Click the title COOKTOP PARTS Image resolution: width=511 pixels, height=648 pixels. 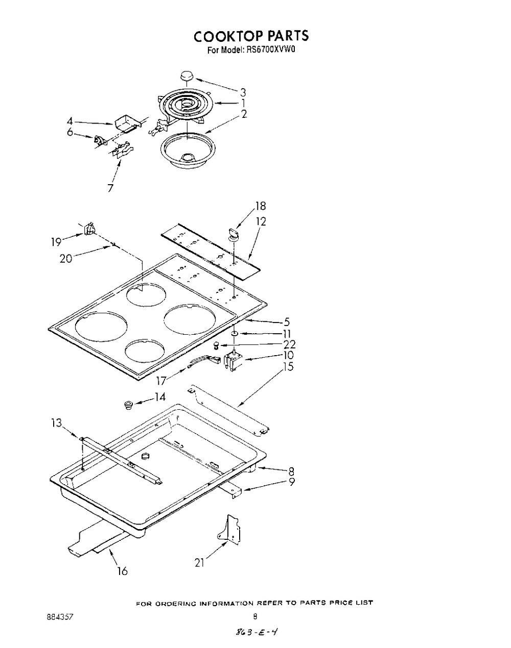tap(251, 36)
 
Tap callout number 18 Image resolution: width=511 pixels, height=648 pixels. tap(260, 206)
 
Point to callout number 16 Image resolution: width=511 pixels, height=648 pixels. tap(122, 571)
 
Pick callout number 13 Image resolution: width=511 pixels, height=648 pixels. tap(56, 422)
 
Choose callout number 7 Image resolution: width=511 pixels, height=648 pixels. tap(110, 187)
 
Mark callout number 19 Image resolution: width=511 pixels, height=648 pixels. tap(56, 241)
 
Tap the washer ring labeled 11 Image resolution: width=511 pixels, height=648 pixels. tap(234, 334)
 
